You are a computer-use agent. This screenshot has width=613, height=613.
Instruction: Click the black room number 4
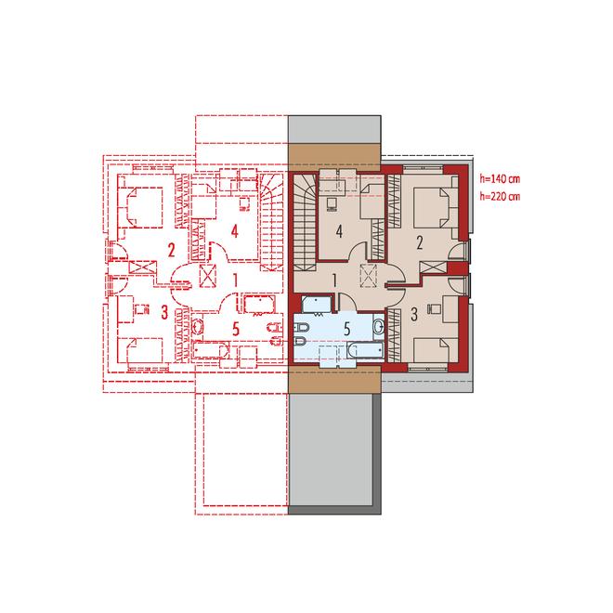(x=339, y=232)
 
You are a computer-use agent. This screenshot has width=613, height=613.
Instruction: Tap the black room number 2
(x=420, y=243)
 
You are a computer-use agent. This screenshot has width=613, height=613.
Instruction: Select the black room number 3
(x=414, y=314)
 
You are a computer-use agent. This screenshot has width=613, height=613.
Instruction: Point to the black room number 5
(x=346, y=330)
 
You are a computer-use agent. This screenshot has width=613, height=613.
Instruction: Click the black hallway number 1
(x=334, y=280)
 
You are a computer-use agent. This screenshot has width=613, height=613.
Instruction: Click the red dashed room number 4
(x=235, y=232)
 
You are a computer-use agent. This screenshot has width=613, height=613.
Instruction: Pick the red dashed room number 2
(x=171, y=250)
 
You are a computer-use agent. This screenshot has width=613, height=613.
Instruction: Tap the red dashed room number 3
(x=164, y=312)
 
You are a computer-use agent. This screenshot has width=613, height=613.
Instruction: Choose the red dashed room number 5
(x=235, y=329)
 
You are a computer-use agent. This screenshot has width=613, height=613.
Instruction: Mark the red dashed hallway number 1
(x=235, y=280)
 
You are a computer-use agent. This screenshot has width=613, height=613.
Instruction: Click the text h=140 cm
(x=500, y=179)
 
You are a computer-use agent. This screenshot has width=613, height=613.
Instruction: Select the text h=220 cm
(x=500, y=196)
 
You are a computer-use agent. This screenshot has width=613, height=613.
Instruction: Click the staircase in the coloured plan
(x=305, y=222)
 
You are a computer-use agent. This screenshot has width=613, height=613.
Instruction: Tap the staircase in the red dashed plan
(x=271, y=222)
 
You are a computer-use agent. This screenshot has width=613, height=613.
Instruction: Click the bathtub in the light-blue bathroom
(x=365, y=350)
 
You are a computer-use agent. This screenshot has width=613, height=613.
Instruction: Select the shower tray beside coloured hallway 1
(x=317, y=305)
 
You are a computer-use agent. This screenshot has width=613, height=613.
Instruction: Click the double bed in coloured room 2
(x=431, y=207)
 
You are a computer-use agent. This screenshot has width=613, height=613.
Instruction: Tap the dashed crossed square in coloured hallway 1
(x=369, y=275)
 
